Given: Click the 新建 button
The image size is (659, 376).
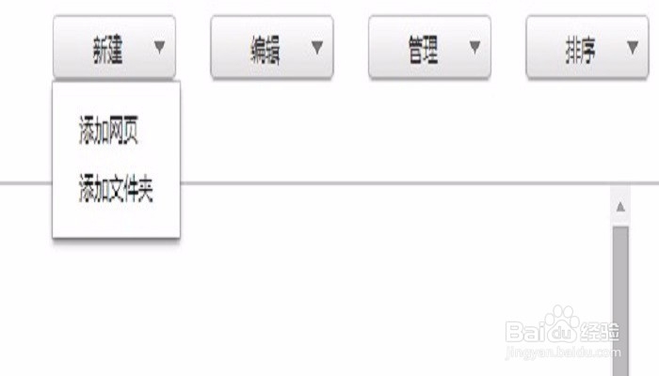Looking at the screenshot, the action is (x=107, y=50).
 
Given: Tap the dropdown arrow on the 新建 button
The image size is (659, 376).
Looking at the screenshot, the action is (x=159, y=45).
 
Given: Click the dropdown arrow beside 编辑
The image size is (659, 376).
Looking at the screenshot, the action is (x=317, y=46).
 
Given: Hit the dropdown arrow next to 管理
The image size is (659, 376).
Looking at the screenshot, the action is (x=474, y=46).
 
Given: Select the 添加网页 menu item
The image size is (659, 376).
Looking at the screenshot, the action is (x=109, y=133).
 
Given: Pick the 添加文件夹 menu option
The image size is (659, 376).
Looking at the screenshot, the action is (x=116, y=191).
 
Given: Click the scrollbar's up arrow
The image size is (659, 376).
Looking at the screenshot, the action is (x=620, y=207).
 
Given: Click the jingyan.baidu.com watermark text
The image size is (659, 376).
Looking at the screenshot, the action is (x=562, y=352).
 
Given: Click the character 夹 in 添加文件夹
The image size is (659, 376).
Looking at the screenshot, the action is (x=143, y=191).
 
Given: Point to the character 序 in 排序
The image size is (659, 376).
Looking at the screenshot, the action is (x=587, y=51).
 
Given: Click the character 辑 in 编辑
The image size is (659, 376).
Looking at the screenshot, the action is (x=272, y=51).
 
